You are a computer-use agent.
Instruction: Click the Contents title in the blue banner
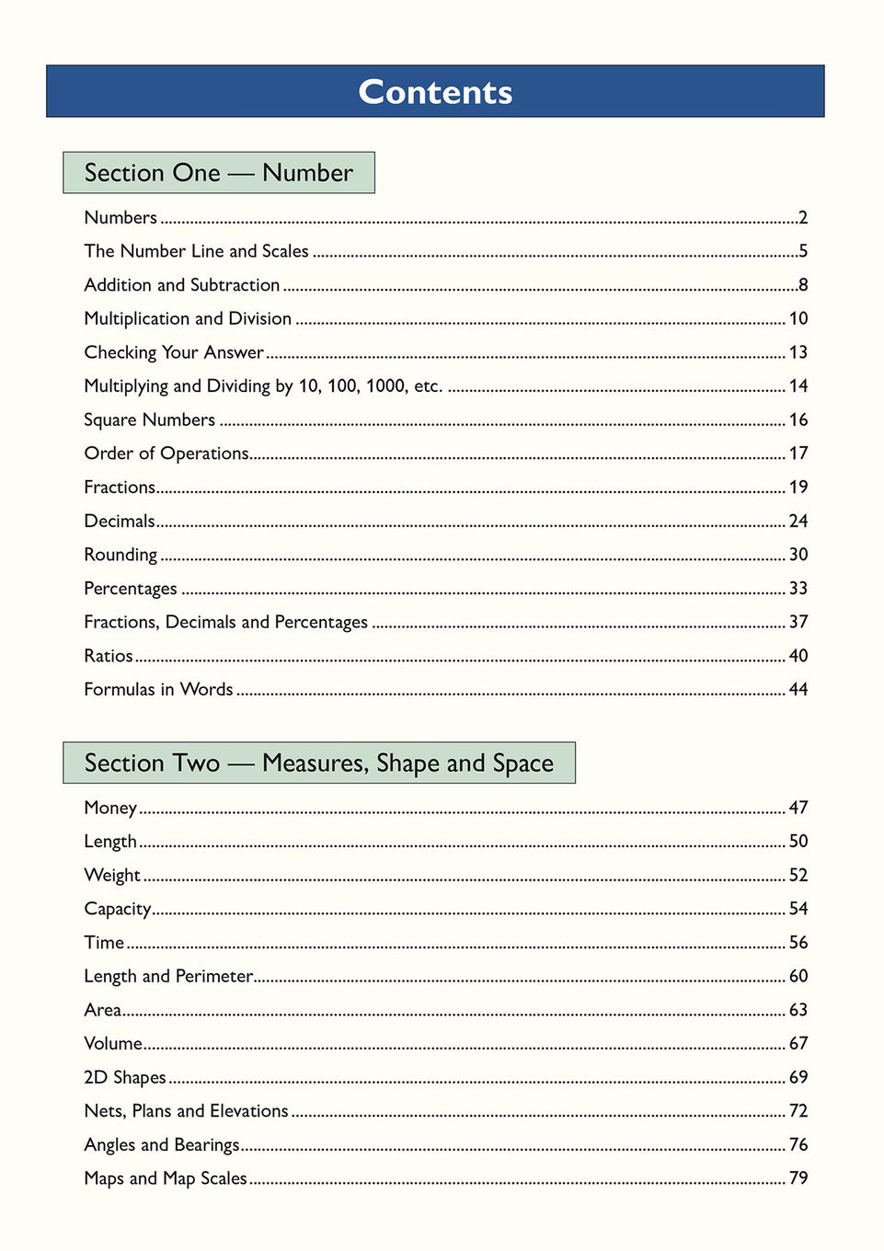tap(435, 92)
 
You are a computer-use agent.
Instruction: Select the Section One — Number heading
tap(219, 173)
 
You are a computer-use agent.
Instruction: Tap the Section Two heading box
tap(318, 763)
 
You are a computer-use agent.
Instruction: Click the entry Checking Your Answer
tap(174, 352)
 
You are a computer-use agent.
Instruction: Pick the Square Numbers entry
tap(149, 420)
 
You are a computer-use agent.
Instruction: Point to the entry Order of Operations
tap(166, 453)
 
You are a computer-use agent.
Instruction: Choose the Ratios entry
tap(109, 656)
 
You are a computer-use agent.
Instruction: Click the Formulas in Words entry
tap(158, 690)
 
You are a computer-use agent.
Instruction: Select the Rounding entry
tap(121, 555)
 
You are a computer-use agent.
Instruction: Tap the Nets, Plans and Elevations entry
tap(186, 1111)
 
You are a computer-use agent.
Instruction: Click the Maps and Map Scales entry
tap(166, 1178)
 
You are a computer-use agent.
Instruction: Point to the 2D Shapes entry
tap(125, 1077)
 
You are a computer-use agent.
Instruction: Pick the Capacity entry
tap(118, 909)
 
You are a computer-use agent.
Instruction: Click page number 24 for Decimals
tap(798, 522)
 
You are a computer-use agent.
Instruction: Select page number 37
tap(798, 623)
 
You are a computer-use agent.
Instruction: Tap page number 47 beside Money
tap(798, 808)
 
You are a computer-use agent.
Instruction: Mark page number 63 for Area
tap(798, 1010)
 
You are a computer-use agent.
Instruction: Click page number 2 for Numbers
tap(803, 218)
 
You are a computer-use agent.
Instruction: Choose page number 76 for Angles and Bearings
tap(798, 1145)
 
